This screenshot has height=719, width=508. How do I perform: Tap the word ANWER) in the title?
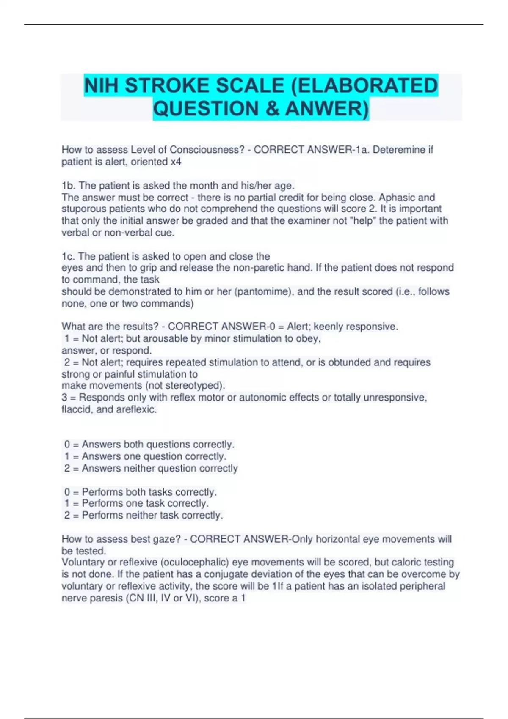pos(327,108)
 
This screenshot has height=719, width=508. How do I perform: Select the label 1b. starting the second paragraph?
pos(69,186)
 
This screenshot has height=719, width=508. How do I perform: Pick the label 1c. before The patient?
pos(68,256)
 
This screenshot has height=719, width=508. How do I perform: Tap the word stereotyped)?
pos(198,386)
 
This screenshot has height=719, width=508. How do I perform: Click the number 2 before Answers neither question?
pos(67,468)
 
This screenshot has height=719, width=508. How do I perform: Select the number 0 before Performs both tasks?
pos(67,492)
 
